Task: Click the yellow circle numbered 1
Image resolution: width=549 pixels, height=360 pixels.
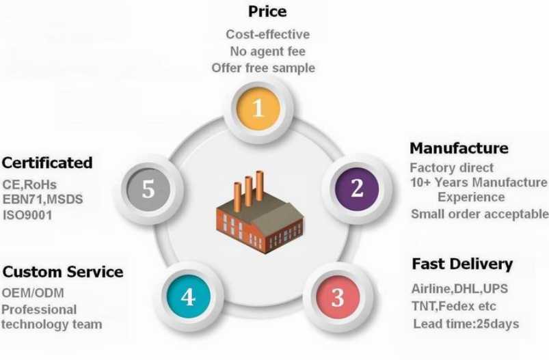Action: [258, 108]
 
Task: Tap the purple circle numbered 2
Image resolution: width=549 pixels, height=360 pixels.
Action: [357, 189]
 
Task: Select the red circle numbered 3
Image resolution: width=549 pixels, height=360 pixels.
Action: [338, 297]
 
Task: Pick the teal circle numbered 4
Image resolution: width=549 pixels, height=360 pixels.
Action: [189, 296]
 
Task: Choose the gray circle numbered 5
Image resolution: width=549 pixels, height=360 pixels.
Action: [148, 189]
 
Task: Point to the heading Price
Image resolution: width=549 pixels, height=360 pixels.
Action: [267, 12]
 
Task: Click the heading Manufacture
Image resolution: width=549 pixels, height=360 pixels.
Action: [459, 148]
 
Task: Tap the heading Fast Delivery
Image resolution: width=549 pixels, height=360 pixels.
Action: [462, 264]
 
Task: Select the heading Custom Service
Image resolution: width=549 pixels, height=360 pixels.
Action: [63, 272]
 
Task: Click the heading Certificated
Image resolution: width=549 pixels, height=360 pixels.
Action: [47, 163]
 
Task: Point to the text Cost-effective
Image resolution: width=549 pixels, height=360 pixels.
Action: [268, 34]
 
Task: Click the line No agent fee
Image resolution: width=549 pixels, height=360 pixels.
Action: [268, 51]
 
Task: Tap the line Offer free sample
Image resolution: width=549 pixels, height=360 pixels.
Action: [263, 68]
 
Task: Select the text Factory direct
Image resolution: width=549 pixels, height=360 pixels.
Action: [452, 167]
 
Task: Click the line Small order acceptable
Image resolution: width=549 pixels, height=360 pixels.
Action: [480, 214]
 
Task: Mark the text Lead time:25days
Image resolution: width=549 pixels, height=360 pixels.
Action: [466, 324]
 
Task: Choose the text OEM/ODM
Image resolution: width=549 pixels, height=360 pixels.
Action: [33, 293]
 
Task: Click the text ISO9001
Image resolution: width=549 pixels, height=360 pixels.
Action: [27, 215]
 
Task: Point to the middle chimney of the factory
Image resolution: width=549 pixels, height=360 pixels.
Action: [248, 191]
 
